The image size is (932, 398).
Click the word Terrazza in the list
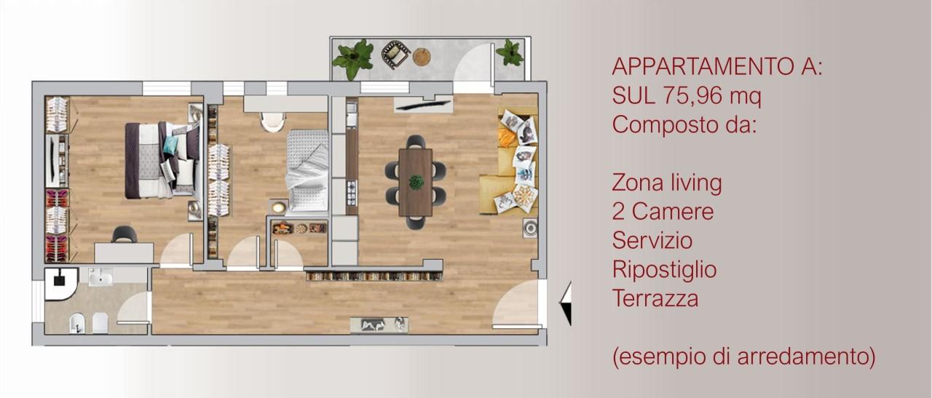[655, 298]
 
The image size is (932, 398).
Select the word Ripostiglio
[665, 270]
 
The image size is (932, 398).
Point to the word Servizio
[652, 240]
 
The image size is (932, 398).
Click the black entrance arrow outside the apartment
[566, 303]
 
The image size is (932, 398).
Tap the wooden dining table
[415, 182]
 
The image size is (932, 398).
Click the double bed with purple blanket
[162, 159]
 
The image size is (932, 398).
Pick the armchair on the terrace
[395, 54]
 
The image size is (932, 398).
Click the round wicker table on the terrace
[422, 57]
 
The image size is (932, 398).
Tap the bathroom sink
[100, 276]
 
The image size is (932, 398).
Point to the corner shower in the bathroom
[60, 284]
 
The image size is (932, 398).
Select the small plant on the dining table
[416, 182]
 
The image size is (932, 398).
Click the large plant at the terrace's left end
[353, 58]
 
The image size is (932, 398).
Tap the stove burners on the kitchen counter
[352, 193]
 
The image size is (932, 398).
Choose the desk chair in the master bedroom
[124, 234]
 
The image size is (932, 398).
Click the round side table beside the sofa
[531, 228]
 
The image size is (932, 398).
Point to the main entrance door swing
[516, 303]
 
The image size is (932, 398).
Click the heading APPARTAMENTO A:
[717, 66]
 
